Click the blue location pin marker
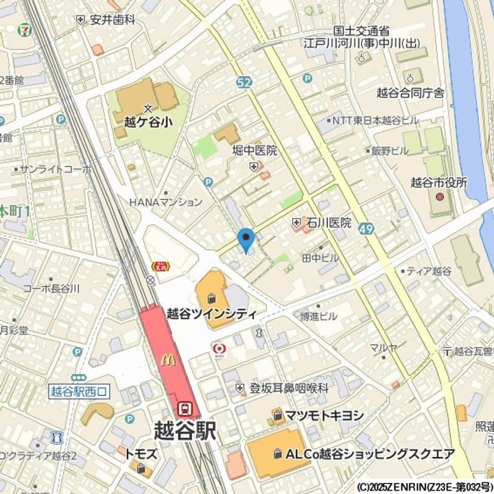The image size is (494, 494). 246,239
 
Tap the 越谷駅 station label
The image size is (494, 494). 184,430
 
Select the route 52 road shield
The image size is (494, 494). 244,82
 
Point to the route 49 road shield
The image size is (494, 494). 366,228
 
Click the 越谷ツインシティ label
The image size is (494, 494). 212,314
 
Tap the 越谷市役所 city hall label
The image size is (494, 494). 438,183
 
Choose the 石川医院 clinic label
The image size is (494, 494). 329,222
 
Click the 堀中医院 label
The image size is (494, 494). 255,150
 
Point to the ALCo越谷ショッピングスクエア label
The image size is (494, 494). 370,454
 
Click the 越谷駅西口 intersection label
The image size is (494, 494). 79,391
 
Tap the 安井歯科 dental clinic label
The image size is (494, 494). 112,20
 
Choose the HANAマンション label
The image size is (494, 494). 166,202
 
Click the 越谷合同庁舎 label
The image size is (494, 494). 410,93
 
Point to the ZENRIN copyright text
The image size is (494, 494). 424,486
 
